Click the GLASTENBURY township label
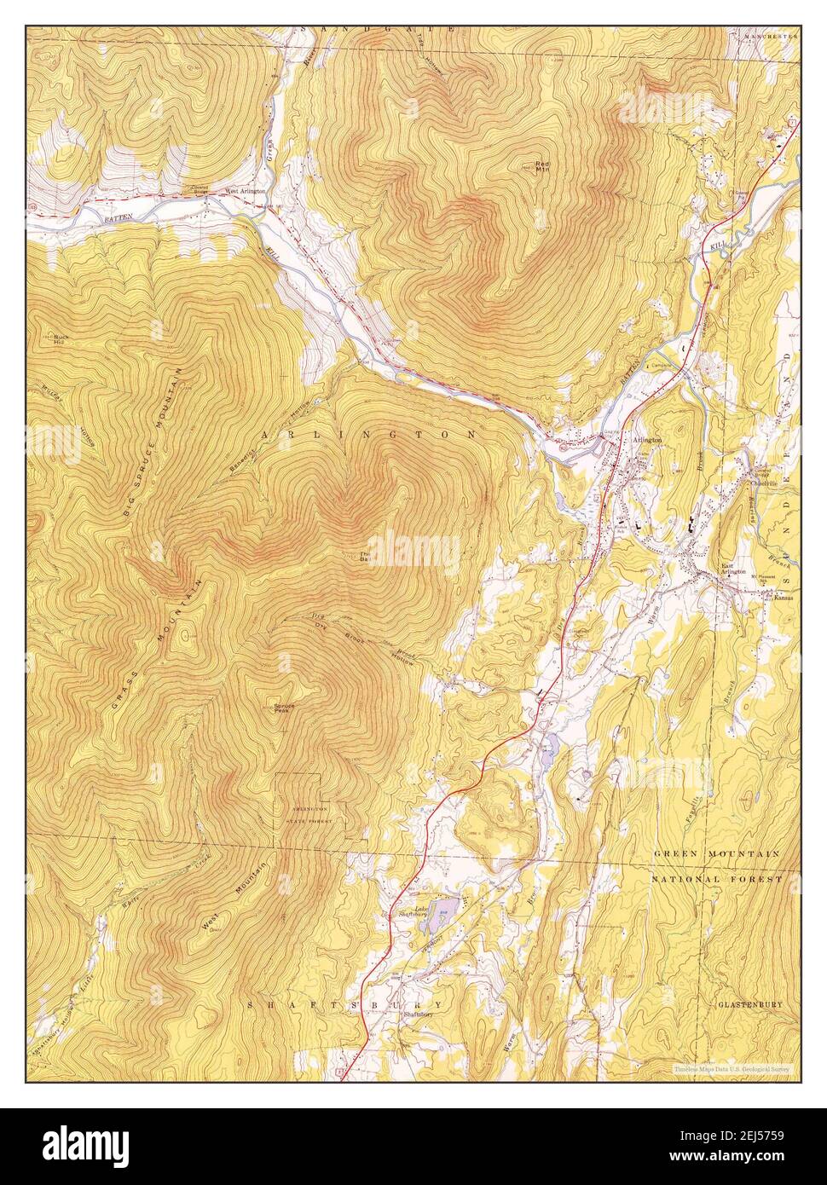click(749, 1005)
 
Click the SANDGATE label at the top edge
click(379, 30)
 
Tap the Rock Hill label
click(59, 339)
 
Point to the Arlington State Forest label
click(311, 813)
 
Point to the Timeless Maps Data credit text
click(731, 1067)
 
